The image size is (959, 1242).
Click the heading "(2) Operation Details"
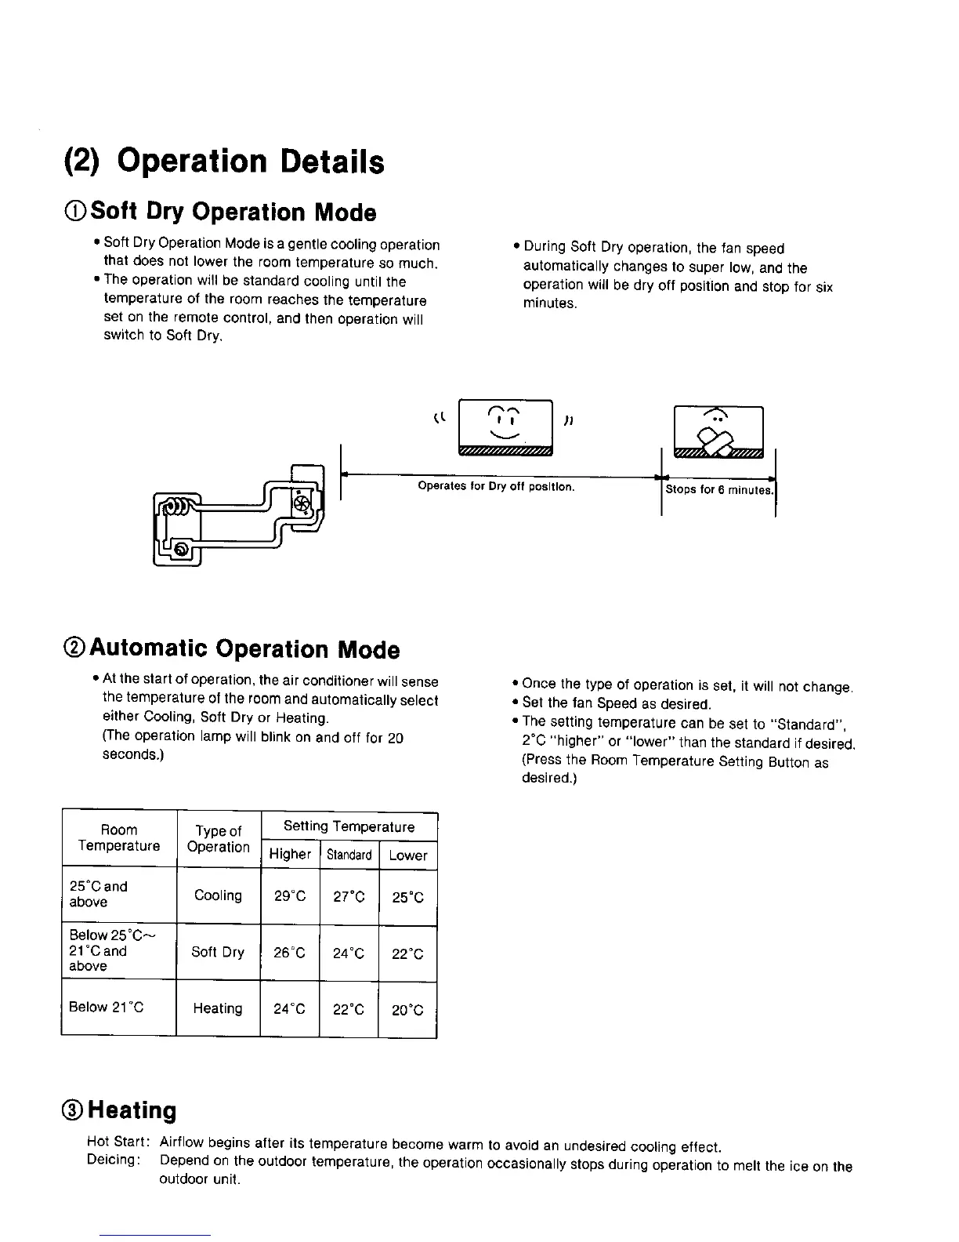point(223,162)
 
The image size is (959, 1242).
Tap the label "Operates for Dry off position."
point(496,487)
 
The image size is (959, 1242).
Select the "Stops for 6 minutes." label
point(719,490)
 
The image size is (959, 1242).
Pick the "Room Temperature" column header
point(119,838)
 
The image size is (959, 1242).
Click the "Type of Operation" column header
point(218,839)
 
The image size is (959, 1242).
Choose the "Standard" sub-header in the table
point(349,855)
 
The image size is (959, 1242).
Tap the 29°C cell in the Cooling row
point(290,896)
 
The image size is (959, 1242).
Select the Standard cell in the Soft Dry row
point(349,953)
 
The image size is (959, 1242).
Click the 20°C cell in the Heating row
point(407,1010)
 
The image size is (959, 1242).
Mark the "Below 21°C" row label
point(107,1008)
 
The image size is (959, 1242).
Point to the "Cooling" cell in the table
point(218,895)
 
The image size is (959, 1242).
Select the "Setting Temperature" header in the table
point(349,826)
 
